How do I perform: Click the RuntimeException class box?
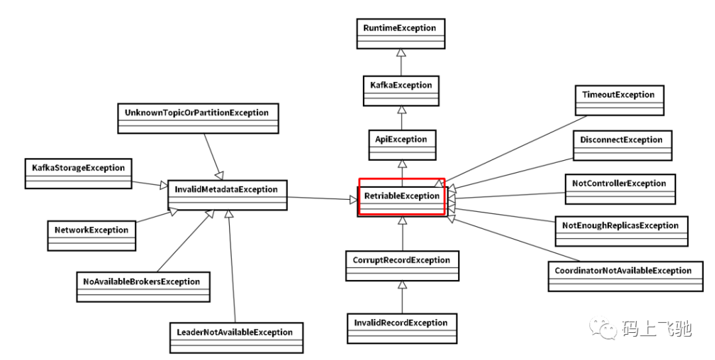pos(400,34)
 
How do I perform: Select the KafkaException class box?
pos(401,91)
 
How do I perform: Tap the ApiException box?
pos(401,145)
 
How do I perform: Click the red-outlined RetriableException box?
pos(401,197)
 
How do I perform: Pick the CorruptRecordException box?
pos(402,265)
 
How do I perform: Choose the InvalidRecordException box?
pos(402,328)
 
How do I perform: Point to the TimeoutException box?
pos(618,100)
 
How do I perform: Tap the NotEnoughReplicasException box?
pos(620,231)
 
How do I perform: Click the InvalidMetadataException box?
pos(226,195)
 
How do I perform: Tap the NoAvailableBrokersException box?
pos(142,287)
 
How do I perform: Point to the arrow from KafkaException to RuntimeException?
pos(401,62)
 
